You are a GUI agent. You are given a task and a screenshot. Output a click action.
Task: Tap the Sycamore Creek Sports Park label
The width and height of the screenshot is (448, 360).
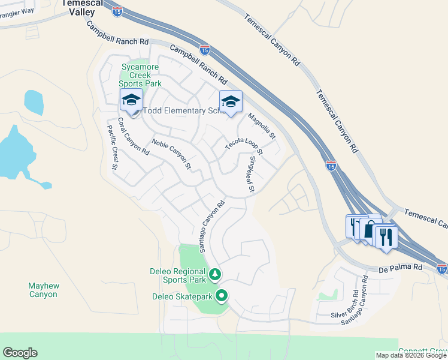tap(134, 75)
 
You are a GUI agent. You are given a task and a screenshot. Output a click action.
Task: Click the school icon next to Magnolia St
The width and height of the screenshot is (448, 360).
tap(230, 102)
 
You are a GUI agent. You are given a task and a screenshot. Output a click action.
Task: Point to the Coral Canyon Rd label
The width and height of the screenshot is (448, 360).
tap(133, 136)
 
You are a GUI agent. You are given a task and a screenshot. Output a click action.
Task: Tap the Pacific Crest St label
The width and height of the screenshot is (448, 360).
tap(113, 147)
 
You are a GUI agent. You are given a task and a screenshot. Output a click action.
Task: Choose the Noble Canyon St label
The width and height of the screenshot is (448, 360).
tap(171, 154)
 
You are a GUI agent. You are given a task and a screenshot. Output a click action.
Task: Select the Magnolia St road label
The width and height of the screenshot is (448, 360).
tap(262, 127)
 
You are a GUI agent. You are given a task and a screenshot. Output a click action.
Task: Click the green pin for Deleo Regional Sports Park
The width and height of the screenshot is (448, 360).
tap(215, 275)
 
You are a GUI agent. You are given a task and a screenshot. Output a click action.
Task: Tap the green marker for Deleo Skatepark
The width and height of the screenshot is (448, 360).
tap(222, 296)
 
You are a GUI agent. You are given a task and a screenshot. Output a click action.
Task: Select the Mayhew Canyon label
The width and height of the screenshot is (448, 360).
tap(43, 290)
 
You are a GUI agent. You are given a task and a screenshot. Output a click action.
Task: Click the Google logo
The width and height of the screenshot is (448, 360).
tap(20, 353)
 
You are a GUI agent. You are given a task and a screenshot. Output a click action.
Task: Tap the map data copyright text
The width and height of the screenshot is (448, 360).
tap(411, 355)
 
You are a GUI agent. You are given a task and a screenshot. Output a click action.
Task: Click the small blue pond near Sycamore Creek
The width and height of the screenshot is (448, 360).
tap(34, 102)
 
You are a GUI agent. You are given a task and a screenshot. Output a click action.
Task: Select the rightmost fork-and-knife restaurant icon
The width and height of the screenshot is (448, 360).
tap(385, 236)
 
